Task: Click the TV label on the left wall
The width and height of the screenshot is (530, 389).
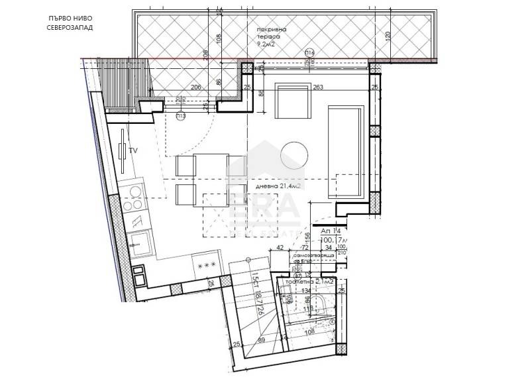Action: point(133,151)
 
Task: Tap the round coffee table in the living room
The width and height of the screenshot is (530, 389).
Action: point(295,156)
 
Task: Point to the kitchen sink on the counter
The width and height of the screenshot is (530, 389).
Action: point(140,243)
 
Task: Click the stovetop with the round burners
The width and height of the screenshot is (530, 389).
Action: point(136,197)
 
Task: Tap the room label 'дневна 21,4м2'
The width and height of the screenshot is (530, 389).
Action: point(278,187)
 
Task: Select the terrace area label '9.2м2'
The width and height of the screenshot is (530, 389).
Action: point(269,45)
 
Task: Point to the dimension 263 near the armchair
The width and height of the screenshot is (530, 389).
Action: point(317,87)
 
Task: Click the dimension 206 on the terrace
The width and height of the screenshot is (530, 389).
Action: point(195,87)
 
